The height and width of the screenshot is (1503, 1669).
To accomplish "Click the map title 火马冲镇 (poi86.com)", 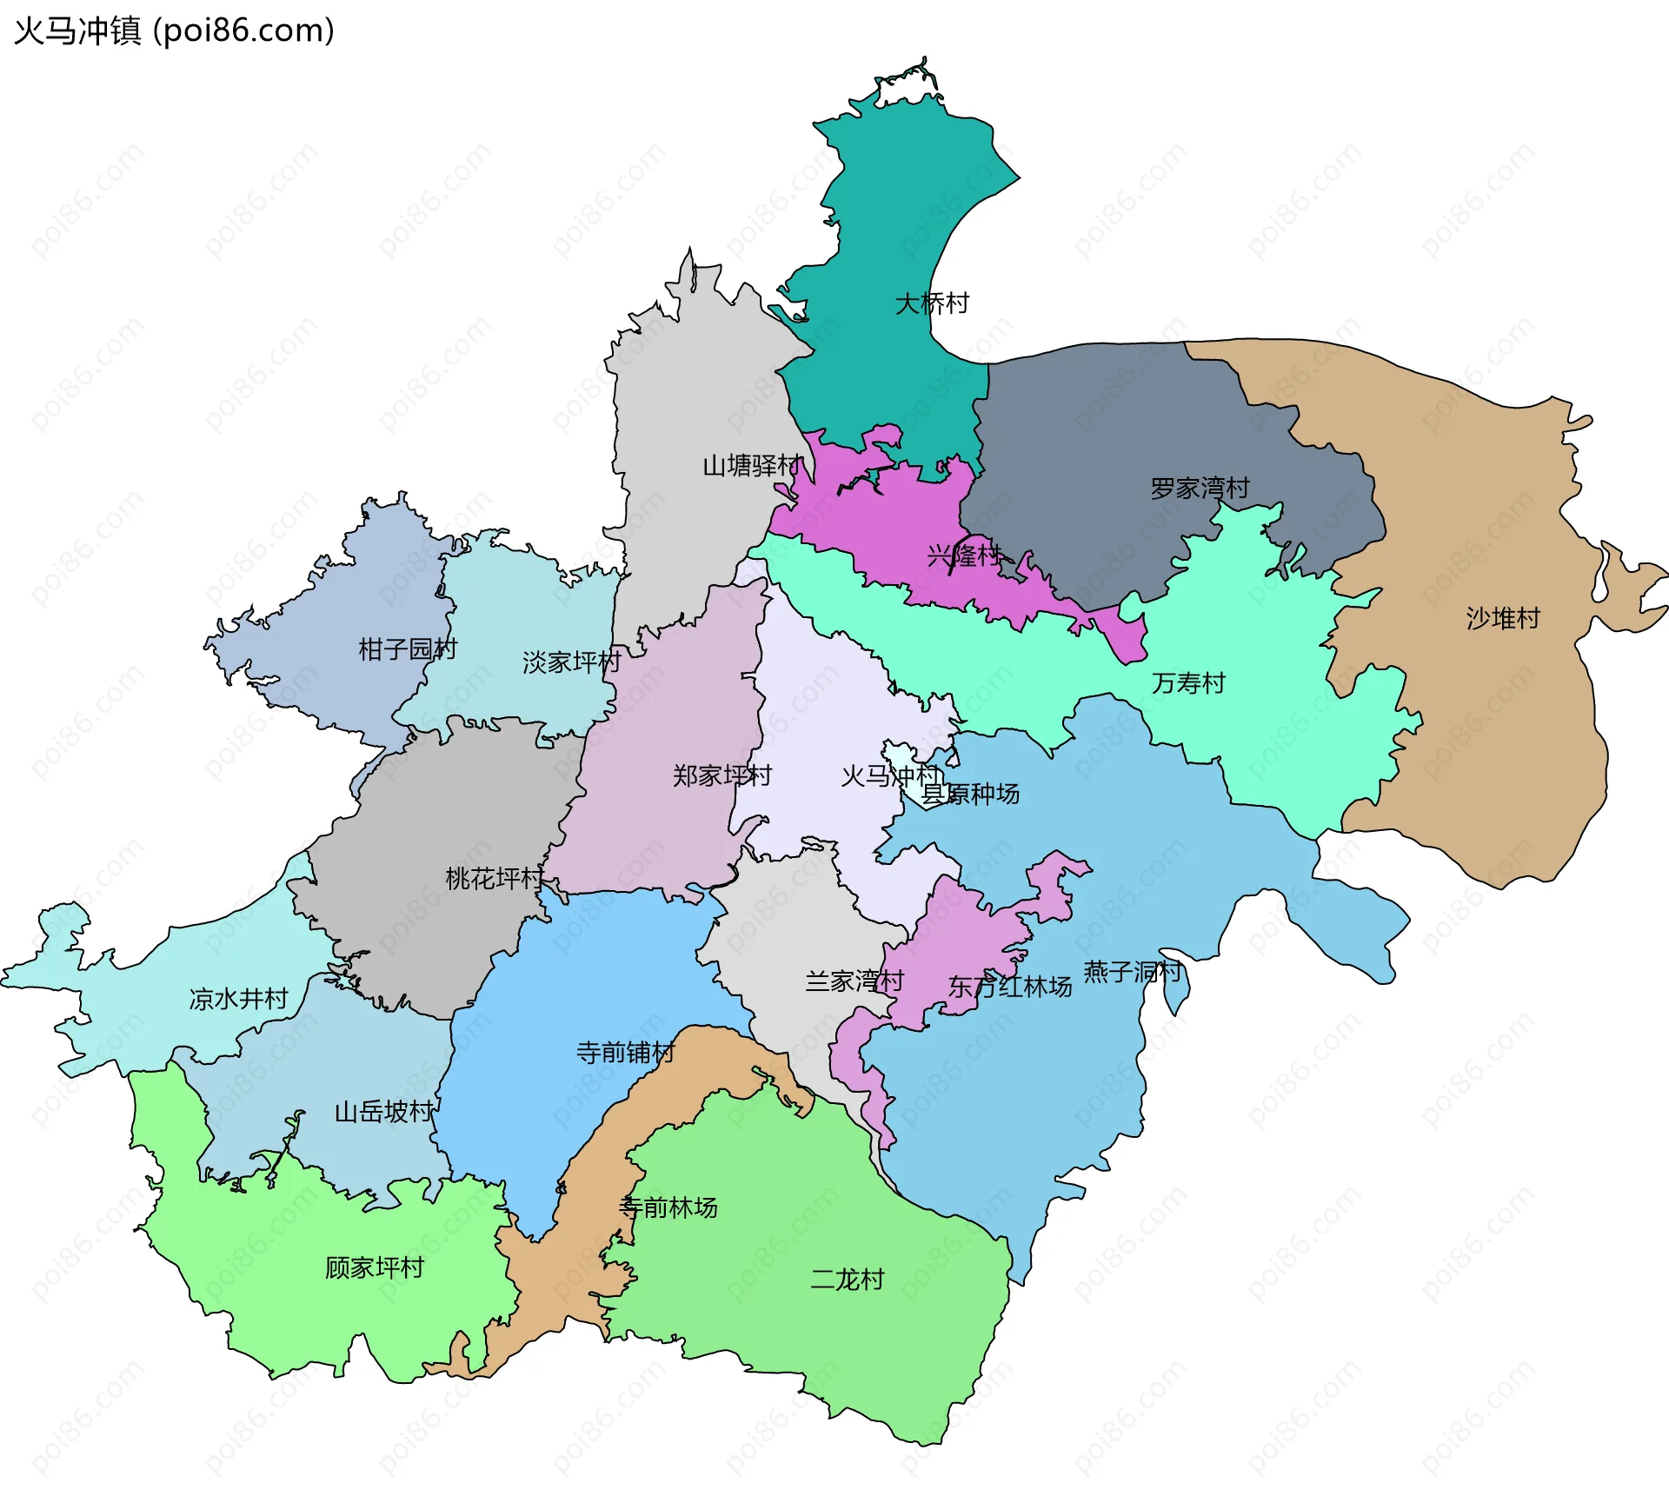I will pyautogui.click(x=174, y=31).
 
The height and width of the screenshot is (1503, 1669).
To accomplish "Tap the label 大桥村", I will pyautogui.click(x=932, y=303).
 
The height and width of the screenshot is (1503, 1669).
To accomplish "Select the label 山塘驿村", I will pyautogui.click(x=752, y=466).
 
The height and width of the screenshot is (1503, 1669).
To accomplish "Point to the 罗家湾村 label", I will pyautogui.click(x=1200, y=489).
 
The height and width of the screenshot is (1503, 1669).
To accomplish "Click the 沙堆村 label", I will pyautogui.click(x=1503, y=618).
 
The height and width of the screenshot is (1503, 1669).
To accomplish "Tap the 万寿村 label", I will pyautogui.click(x=1188, y=683).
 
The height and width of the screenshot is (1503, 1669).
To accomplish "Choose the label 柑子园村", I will pyautogui.click(x=408, y=648).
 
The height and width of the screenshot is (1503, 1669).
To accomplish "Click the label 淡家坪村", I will pyautogui.click(x=571, y=662).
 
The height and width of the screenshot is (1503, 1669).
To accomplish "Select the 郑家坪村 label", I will pyautogui.click(x=722, y=775).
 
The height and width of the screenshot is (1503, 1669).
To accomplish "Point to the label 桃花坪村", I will pyautogui.click(x=495, y=878).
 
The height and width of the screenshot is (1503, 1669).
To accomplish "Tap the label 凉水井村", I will pyautogui.click(x=238, y=999).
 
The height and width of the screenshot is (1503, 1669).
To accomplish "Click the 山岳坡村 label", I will pyautogui.click(x=384, y=1112).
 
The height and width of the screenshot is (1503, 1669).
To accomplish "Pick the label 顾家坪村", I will pyautogui.click(x=374, y=1267).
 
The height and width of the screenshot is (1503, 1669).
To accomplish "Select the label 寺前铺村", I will pyautogui.click(x=625, y=1053).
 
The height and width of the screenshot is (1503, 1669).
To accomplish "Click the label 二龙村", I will pyautogui.click(x=847, y=1279).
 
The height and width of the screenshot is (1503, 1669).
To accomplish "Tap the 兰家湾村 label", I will pyautogui.click(x=854, y=981).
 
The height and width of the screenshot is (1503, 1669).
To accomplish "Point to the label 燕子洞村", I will pyautogui.click(x=1132, y=971).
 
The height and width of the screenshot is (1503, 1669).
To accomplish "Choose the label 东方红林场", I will pyautogui.click(x=1009, y=987).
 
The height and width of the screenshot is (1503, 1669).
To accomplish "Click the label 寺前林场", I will pyautogui.click(x=668, y=1207).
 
